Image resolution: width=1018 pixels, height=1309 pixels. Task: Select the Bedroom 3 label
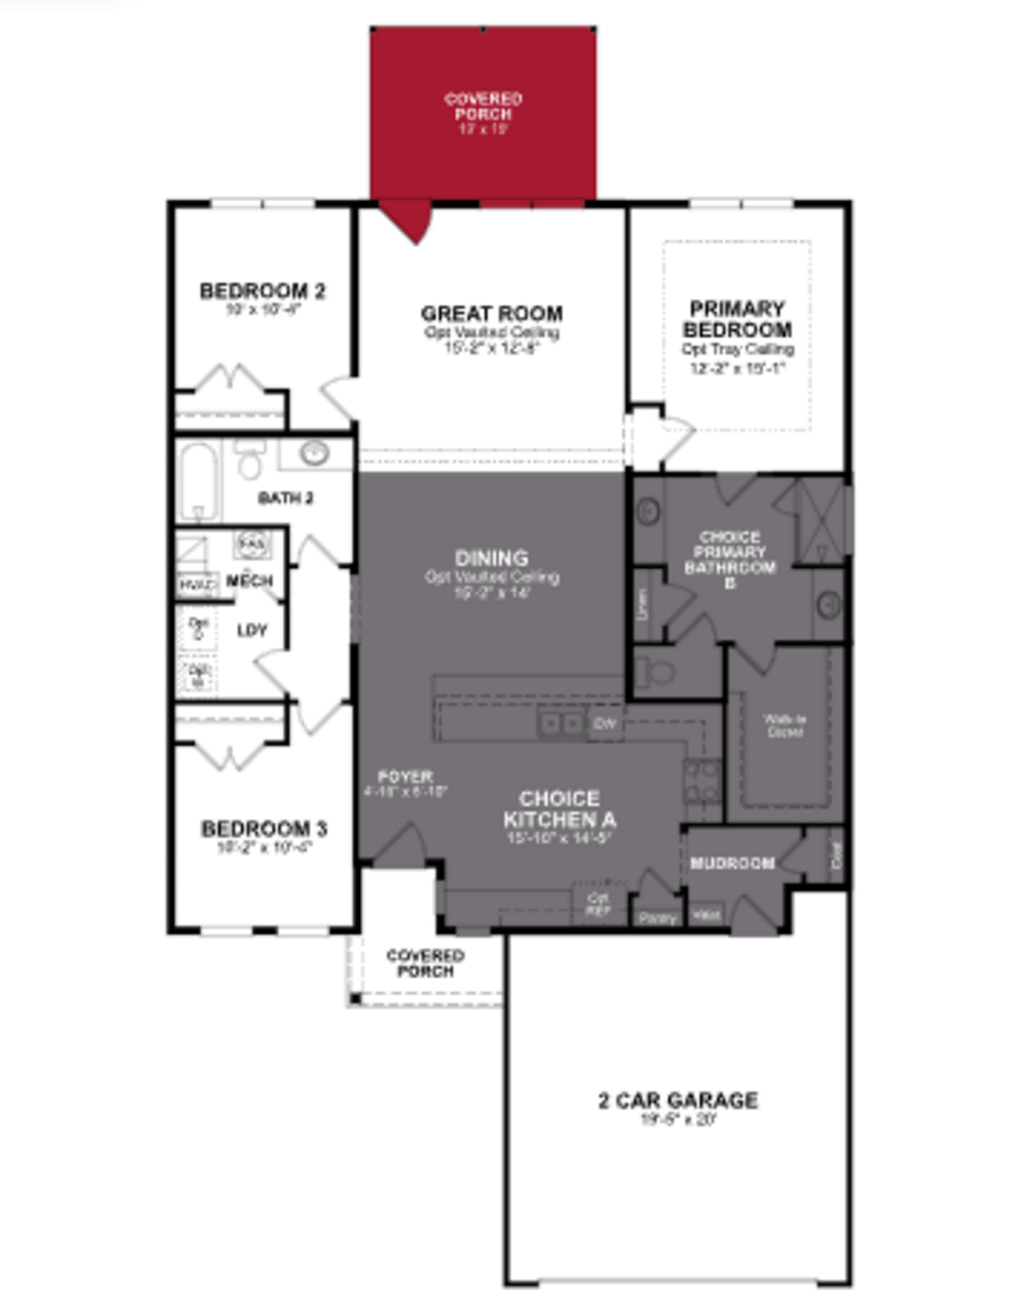pos(264,829)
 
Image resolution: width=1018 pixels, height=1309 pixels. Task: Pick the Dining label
pos(492,559)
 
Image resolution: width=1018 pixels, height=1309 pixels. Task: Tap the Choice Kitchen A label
pos(559,809)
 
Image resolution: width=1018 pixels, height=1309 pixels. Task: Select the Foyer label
pos(405,777)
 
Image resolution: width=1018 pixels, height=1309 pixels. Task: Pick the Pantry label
pos(658,918)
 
